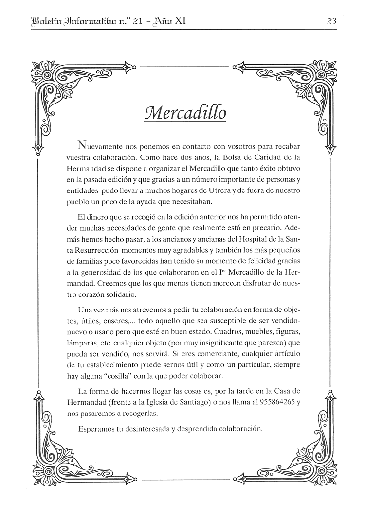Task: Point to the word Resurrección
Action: point(92,251)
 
